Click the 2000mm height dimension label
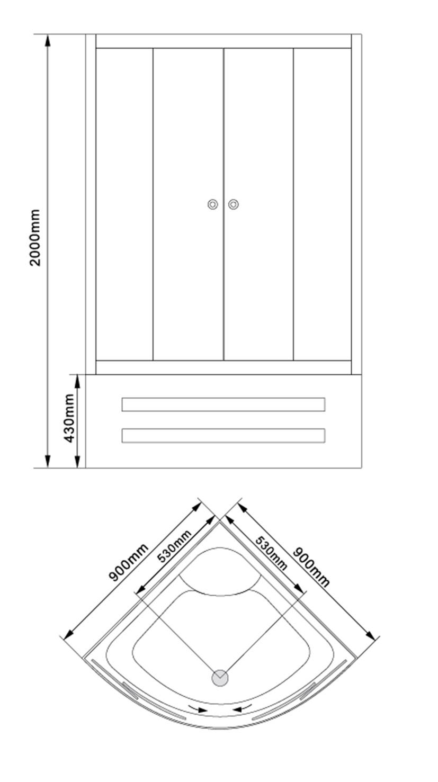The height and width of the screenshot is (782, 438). click(35, 237)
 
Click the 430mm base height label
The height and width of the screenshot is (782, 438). click(69, 418)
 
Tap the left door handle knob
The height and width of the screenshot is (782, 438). click(213, 204)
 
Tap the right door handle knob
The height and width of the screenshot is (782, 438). click(234, 204)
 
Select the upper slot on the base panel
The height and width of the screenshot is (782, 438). click(224, 405)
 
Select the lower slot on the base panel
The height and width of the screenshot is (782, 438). click(224, 435)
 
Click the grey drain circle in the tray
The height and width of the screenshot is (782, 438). click(220, 678)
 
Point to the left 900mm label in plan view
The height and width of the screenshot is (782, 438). click(128, 562)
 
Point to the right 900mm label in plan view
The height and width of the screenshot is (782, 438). click(311, 567)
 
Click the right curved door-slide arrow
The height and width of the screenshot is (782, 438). click(243, 708)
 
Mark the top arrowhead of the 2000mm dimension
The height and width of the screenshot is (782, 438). click(48, 40)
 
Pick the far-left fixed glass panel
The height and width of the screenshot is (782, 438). click(124, 204)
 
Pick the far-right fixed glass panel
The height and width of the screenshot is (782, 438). click(323, 204)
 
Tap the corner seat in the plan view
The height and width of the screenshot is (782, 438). click(220, 572)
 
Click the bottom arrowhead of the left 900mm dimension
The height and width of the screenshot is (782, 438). click(68, 633)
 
